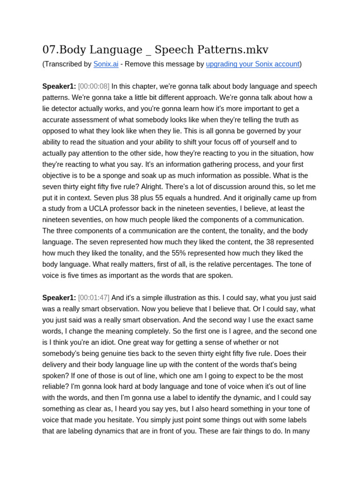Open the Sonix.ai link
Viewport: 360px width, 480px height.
click(x=105, y=64)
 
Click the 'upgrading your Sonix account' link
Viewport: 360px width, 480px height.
click(x=252, y=64)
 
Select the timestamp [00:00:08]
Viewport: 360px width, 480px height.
click(x=94, y=86)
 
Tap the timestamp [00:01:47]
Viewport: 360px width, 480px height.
click(x=94, y=298)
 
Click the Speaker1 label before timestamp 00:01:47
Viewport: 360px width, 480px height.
click(x=59, y=298)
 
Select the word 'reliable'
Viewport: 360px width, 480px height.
click(x=56, y=387)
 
